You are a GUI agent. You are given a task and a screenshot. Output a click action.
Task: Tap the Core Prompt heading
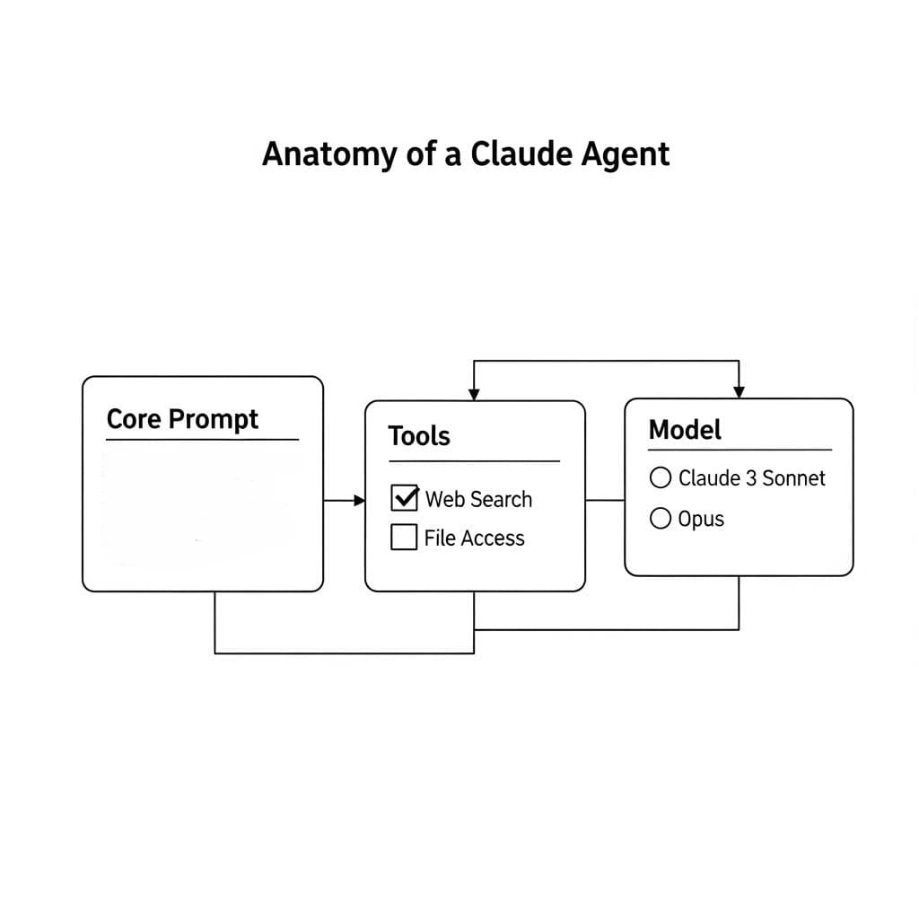pyautogui.click(x=182, y=419)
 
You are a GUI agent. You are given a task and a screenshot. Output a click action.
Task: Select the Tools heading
pyautogui.click(x=418, y=436)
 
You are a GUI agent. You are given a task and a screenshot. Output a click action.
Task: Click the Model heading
pyautogui.click(x=685, y=429)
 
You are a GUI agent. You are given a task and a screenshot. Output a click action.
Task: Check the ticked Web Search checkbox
pyautogui.click(x=405, y=498)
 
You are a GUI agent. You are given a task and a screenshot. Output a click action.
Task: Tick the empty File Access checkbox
pyautogui.click(x=404, y=538)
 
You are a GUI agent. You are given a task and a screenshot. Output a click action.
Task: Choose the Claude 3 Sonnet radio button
pyautogui.click(x=660, y=478)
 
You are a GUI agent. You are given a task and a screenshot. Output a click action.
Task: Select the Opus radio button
pyautogui.click(x=660, y=519)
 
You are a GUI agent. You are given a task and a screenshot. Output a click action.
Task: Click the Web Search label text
pyautogui.click(x=478, y=499)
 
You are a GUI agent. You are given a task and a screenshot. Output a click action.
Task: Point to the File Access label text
pyautogui.click(x=474, y=538)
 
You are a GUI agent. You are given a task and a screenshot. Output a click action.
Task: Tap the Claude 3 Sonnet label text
pyautogui.click(x=751, y=478)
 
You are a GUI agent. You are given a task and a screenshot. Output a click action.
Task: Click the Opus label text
pyautogui.click(x=701, y=520)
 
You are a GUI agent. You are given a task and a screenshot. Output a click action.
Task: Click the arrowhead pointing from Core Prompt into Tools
pyautogui.click(x=360, y=500)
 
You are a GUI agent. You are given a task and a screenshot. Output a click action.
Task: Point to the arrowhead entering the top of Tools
pyautogui.click(x=474, y=395)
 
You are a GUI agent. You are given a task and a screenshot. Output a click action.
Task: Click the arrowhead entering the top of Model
pyautogui.click(x=739, y=392)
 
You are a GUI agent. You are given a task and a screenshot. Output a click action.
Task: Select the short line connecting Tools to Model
pyautogui.click(x=605, y=500)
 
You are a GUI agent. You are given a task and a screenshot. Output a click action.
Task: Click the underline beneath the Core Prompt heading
pyautogui.click(x=202, y=440)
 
